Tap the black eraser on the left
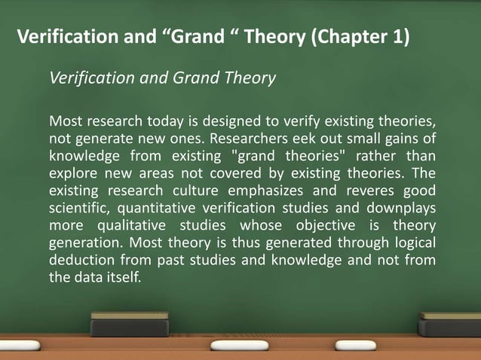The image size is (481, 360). pyautogui.click(x=130, y=325)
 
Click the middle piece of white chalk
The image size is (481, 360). pyautogui.click(x=240, y=346)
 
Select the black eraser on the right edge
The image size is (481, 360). pyautogui.click(x=449, y=325)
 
